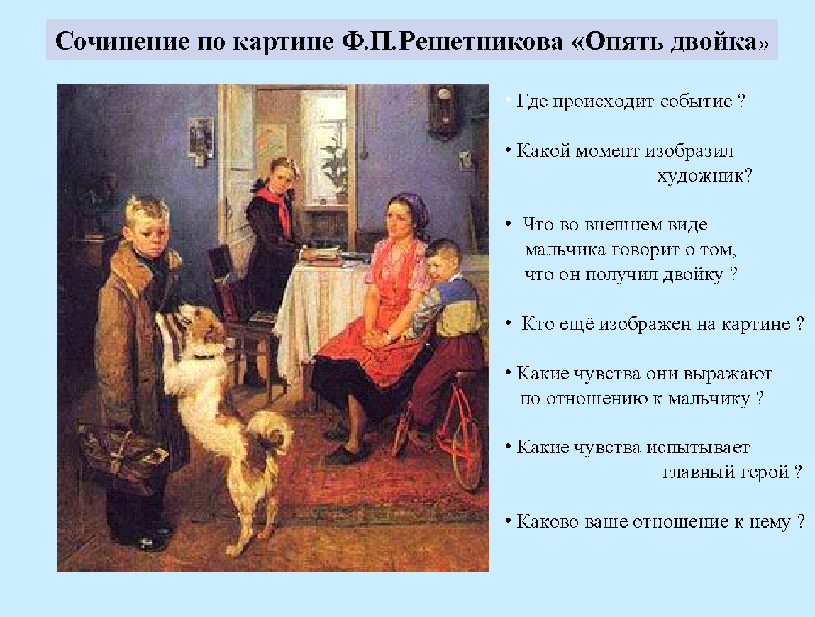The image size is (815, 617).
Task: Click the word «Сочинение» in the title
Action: (x=122, y=40)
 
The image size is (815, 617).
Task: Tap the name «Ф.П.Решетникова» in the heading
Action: (x=453, y=40)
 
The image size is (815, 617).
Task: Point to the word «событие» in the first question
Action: (x=696, y=101)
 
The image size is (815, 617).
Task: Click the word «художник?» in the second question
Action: (x=704, y=176)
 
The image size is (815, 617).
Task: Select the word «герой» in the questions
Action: (x=764, y=472)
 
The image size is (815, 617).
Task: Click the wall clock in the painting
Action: (x=443, y=110)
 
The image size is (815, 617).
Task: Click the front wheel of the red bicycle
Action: (x=460, y=450)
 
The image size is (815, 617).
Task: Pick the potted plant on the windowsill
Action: (x=336, y=167)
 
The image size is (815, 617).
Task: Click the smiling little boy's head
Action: (x=443, y=260)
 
